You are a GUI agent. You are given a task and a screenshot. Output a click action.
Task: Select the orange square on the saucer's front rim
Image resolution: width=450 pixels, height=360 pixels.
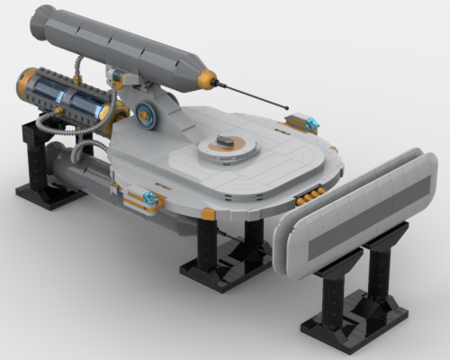(x=209, y=213)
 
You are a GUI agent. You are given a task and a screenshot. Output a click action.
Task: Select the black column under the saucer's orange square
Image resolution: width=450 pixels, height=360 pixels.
(x=207, y=243)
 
